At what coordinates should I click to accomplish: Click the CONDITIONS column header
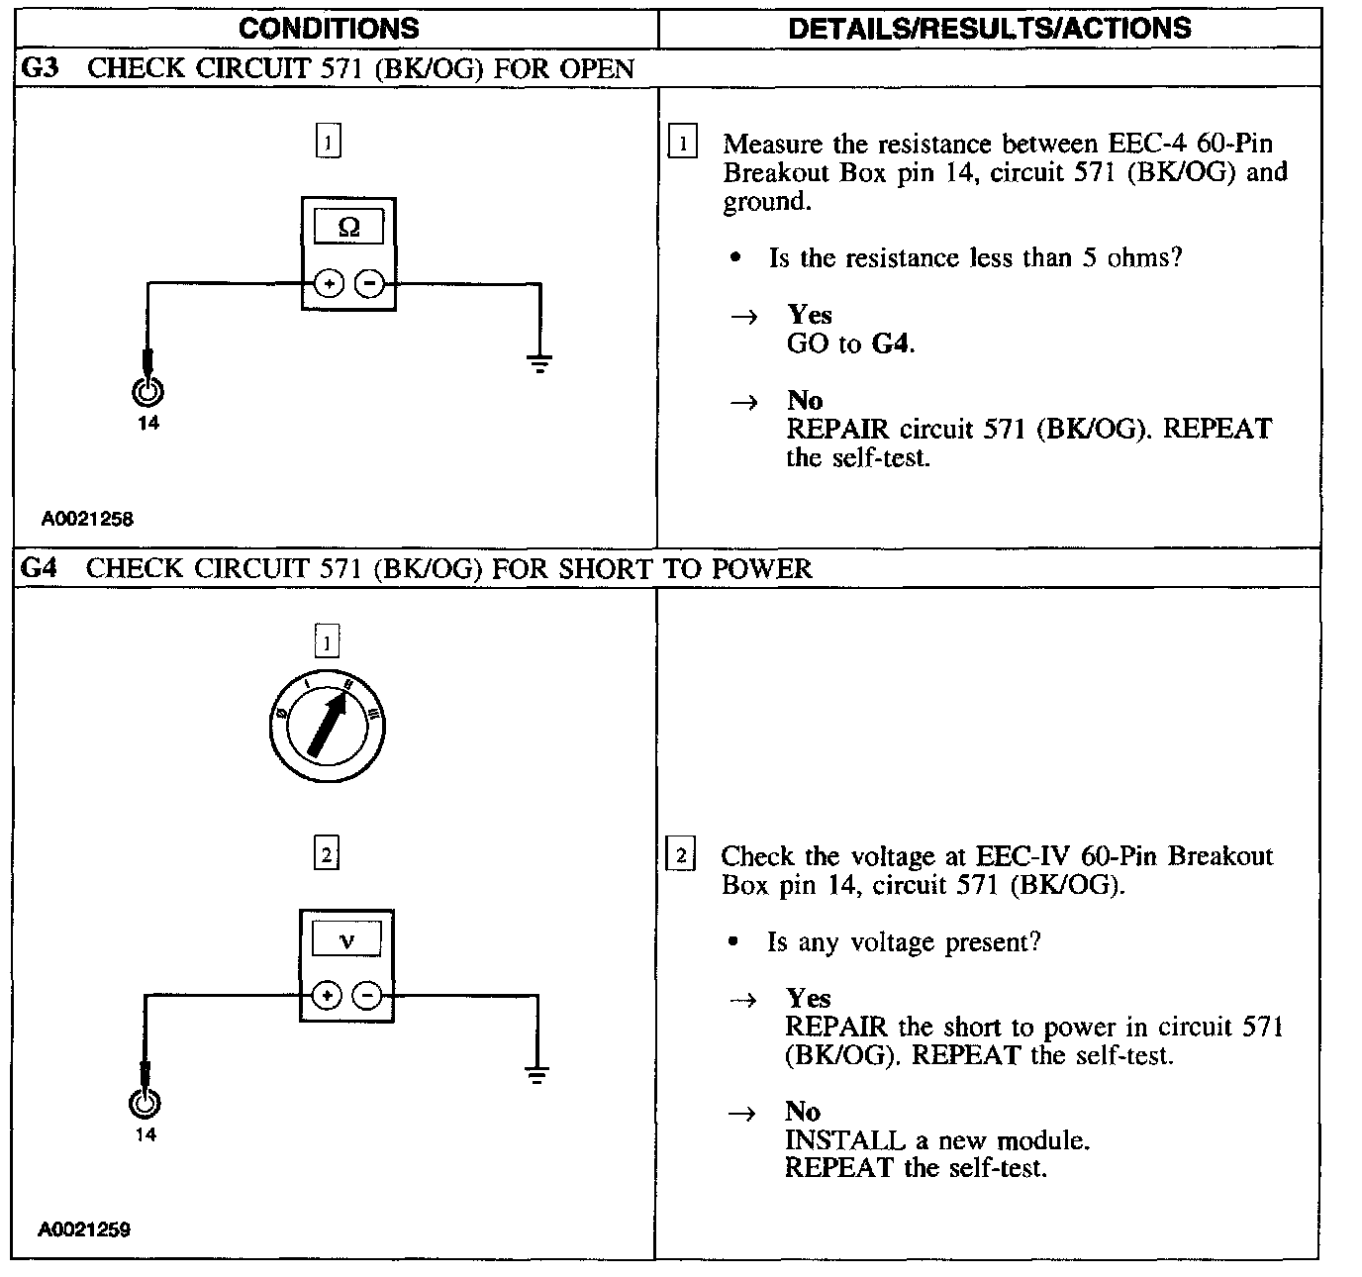tap(329, 29)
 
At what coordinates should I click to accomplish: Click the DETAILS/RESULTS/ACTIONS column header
tap(989, 29)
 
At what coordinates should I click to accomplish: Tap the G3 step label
tap(40, 68)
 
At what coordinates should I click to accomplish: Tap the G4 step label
tap(40, 568)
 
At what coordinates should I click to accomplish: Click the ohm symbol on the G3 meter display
tap(348, 227)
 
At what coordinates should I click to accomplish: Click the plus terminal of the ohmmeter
tap(329, 284)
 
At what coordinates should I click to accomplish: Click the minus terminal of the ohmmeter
tap(369, 284)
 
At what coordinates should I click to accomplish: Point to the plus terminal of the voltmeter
tap(327, 996)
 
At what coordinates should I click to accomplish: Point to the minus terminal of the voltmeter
tap(367, 996)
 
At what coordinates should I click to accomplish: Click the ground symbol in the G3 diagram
tap(539, 364)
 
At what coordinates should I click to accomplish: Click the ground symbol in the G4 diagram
tap(537, 1076)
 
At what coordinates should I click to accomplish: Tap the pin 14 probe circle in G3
tap(147, 392)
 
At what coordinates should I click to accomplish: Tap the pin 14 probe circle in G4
tap(146, 1103)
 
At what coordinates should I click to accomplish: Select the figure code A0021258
tap(86, 518)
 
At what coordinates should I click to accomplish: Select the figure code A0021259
tap(84, 1229)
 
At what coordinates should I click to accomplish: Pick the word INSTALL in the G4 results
tap(844, 1140)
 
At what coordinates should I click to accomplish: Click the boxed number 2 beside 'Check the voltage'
tap(681, 854)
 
